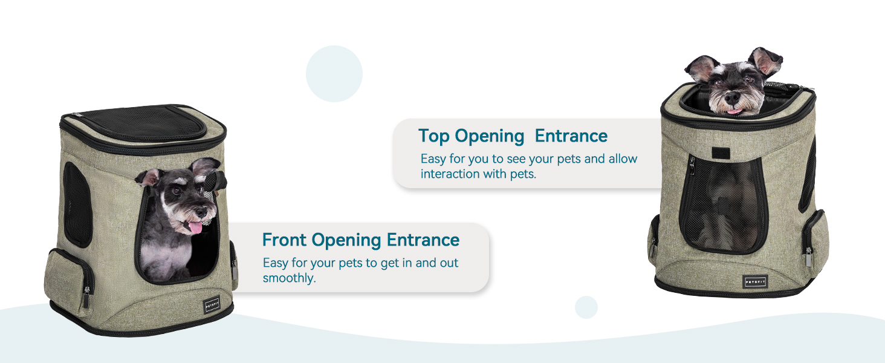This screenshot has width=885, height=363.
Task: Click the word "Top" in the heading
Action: click(434, 136)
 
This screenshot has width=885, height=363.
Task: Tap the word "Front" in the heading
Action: click(284, 240)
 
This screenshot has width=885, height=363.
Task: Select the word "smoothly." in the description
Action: click(289, 278)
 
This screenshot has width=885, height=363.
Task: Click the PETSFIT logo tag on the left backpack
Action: click(212, 305)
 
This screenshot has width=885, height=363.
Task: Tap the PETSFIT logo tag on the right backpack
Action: click(756, 281)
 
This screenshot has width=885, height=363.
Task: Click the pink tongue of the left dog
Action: click(195, 227)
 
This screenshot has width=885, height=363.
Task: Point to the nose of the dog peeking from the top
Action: click(732, 97)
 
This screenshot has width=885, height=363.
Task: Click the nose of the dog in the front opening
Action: click(202, 212)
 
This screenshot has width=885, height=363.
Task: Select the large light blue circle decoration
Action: click(334, 74)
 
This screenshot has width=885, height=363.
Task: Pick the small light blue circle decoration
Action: click(586, 307)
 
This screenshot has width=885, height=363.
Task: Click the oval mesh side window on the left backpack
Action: click(77, 204)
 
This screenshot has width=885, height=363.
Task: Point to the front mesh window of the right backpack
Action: click(724, 205)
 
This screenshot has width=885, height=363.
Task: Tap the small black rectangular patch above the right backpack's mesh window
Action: click(721, 153)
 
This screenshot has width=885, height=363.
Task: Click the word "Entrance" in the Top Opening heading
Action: click(571, 136)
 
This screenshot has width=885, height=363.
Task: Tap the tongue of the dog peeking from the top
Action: click(734, 112)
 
